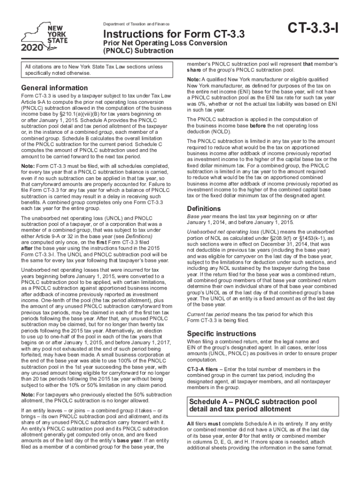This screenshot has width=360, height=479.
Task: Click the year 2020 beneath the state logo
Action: pyautogui.click(x=32, y=48)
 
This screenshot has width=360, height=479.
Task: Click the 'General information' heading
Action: pyautogui.click(x=54, y=88)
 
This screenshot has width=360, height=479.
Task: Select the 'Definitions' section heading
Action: pyautogui.click(x=204, y=208)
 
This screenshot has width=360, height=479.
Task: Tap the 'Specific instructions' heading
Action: pyautogui.click(x=221, y=334)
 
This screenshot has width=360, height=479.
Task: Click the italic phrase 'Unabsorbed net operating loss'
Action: pyautogui.click(x=223, y=232)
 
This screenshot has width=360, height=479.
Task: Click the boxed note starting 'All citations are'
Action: pyautogui.click(x=94, y=70)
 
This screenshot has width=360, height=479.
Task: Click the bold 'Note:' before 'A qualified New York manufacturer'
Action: pyautogui.click(x=194, y=80)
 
